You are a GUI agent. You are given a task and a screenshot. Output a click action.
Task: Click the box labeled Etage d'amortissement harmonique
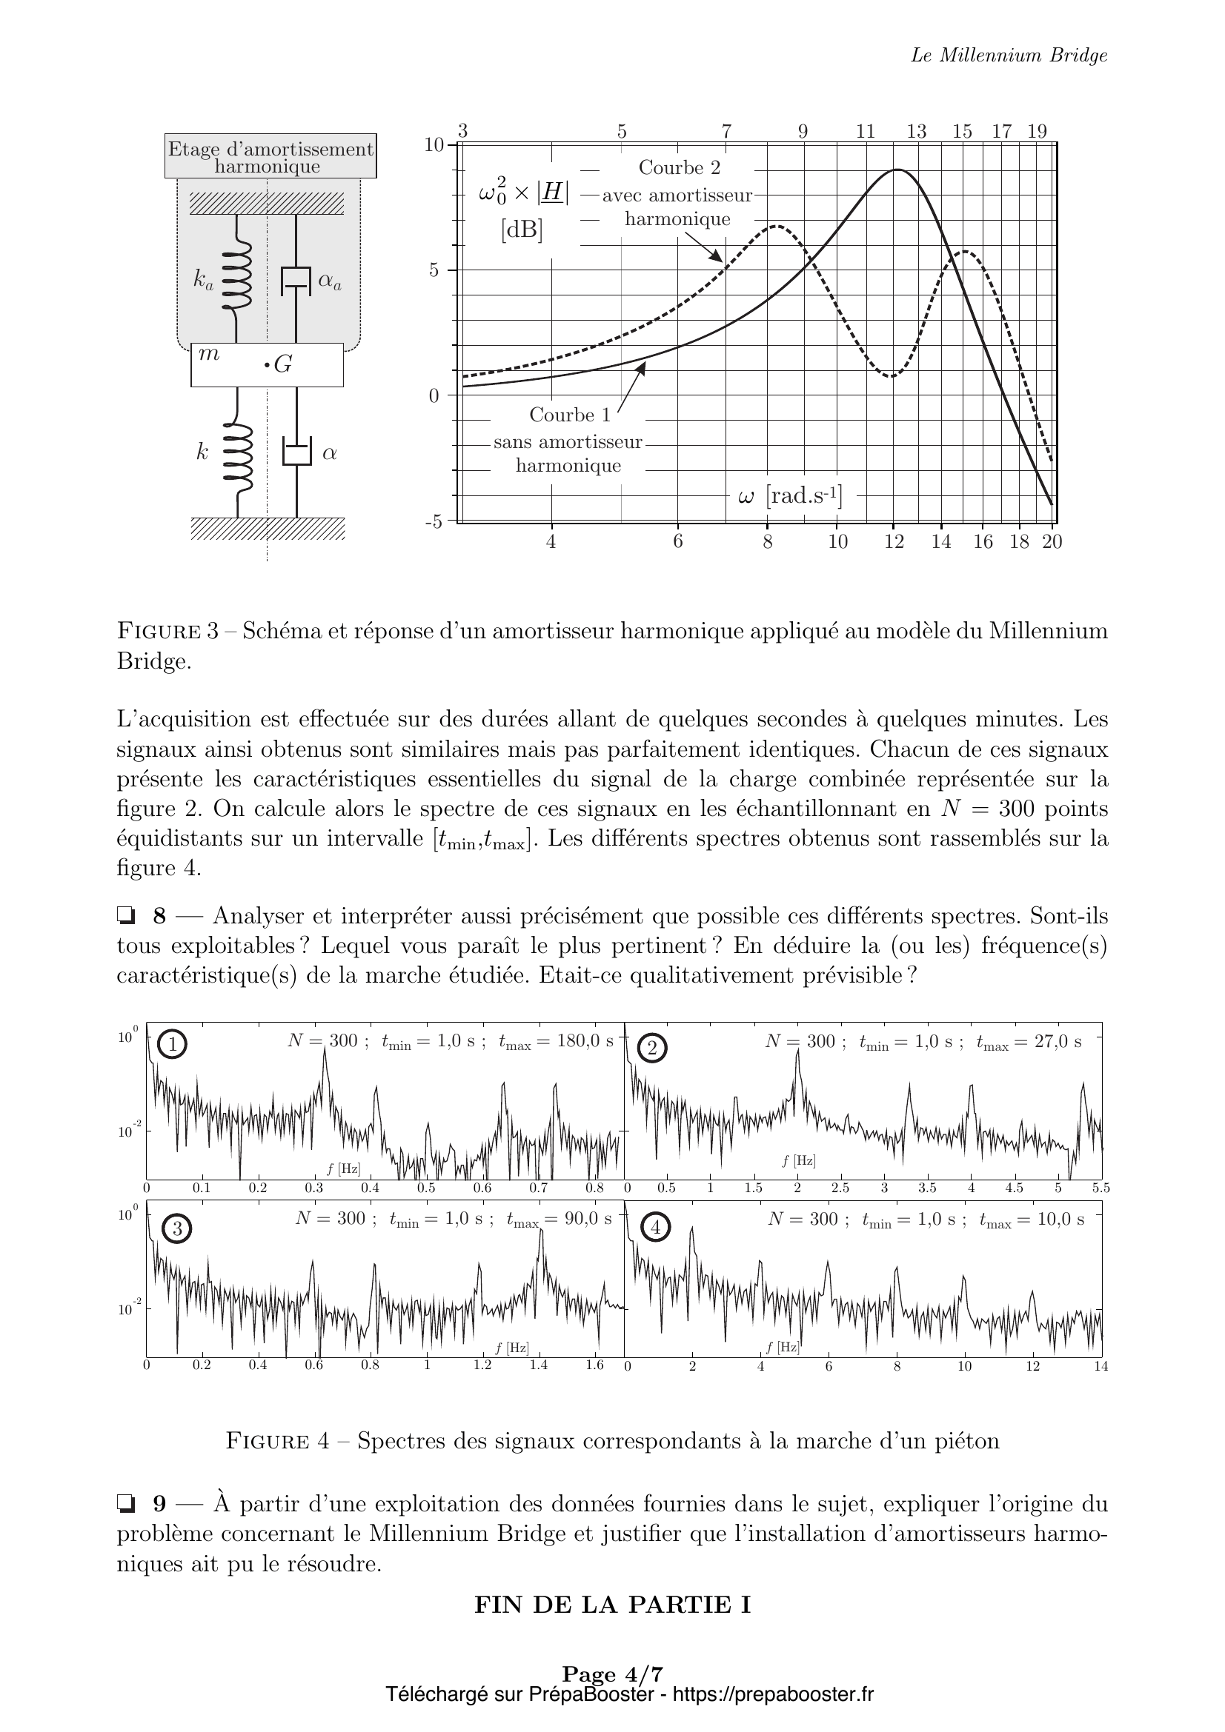pos(270,157)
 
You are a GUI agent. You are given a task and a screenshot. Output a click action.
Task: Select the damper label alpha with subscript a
pos(330,281)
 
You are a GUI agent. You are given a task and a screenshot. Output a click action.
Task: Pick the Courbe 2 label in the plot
pos(680,167)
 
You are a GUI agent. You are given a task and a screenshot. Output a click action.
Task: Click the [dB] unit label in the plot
pos(522,230)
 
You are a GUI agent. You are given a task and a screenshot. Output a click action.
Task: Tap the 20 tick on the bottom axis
pos(1052,541)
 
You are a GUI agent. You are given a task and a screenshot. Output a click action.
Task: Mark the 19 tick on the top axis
pos(1037,131)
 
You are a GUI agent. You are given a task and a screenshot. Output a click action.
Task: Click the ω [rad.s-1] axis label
pos(789,496)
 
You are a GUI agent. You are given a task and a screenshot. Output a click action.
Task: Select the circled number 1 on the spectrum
pos(173,1045)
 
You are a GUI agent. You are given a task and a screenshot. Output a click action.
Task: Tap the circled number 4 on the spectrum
pos(655,1228)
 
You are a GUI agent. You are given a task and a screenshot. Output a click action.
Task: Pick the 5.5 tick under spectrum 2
pos(1100,1188)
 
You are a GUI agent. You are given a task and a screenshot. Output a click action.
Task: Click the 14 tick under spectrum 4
pos(1100,1367)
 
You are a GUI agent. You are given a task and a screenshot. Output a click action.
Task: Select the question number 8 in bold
pos(159,917)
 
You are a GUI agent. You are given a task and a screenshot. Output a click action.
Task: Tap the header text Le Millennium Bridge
pos(1009,55)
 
